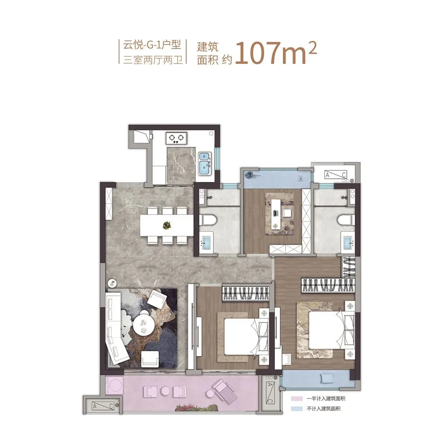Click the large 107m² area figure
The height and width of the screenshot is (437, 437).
coord(276,53)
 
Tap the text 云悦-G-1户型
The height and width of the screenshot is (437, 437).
coord(152,45)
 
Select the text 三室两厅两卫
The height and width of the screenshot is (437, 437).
coord(153,60)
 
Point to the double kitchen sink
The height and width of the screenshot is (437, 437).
coord(205,164)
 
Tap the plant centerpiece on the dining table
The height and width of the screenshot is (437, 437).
coord(167,225)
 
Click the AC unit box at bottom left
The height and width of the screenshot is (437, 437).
coord(103,406)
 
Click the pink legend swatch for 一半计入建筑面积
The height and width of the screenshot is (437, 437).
coord(297,399)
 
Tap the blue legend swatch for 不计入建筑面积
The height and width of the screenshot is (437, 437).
coord(297,409)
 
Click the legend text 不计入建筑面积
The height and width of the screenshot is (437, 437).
coord(324,409)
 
